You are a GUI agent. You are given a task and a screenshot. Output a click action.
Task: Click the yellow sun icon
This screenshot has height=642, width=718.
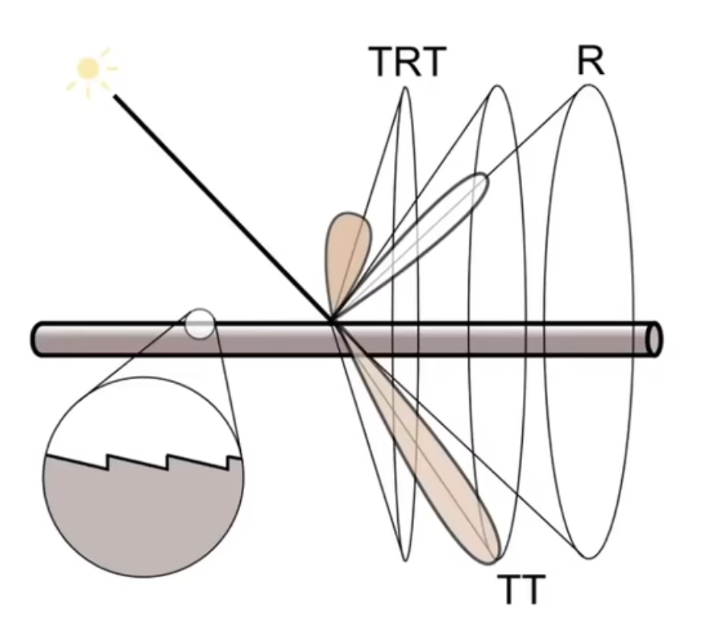(88, 69)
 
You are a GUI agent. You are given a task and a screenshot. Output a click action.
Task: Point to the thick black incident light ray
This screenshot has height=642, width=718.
(221, 206)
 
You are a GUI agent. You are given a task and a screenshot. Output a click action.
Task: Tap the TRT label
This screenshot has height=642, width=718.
(406, 62)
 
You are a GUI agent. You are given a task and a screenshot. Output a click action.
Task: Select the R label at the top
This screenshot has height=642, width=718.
(591, 61)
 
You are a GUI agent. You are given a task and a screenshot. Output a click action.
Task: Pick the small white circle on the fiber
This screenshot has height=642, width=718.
(200, 324)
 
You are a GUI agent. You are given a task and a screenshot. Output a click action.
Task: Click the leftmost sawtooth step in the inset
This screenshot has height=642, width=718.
(107, 462)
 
